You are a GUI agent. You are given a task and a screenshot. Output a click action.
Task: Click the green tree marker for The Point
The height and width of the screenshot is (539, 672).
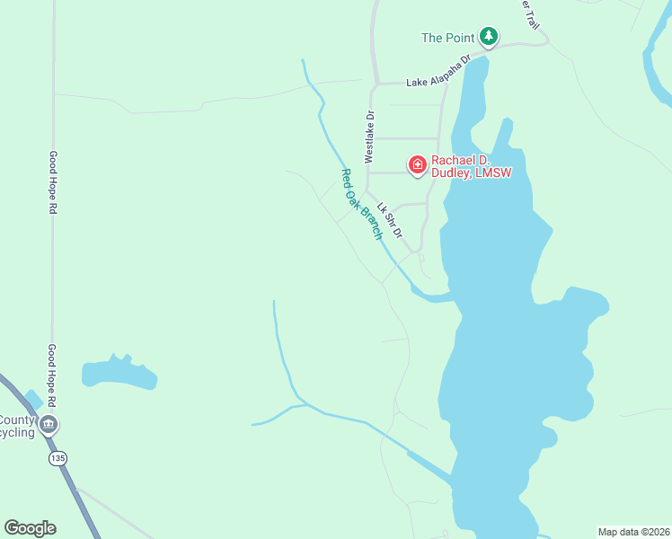coord(488,37)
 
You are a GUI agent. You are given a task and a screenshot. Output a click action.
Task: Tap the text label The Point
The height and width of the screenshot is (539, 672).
coord(447,38)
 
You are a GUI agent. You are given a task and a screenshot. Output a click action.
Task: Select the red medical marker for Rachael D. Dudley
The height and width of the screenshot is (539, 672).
coord(417,164)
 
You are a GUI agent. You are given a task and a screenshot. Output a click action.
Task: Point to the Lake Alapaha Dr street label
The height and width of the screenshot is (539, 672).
coord(438,71)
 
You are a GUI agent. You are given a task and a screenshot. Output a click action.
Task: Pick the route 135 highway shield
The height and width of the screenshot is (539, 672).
coord(58,458)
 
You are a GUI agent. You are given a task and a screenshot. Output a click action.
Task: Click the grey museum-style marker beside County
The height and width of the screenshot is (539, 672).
coord(49,424)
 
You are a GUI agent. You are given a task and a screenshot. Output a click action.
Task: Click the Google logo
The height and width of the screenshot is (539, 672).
coord(30,528)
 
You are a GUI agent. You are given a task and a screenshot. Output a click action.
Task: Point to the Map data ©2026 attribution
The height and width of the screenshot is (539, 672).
coord(634,531)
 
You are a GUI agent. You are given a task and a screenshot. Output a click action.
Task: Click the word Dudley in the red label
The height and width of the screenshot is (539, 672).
coord(451,172)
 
